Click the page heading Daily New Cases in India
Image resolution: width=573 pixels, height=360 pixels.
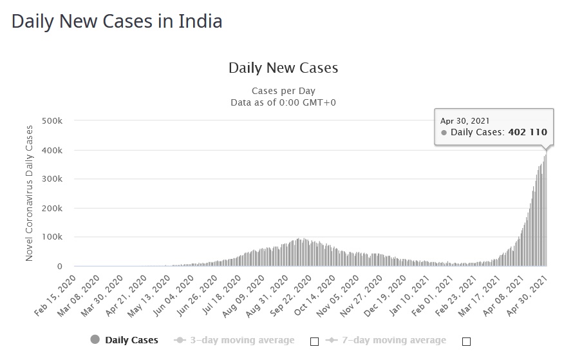pyautogui.click(x=117, y=21)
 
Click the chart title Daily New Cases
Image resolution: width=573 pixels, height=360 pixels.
pyautogui.click(x=283, y=68)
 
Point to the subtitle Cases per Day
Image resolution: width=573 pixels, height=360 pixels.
pyautogui.click(x=283, y=91)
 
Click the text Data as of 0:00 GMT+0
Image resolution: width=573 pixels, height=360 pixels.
pyautogui.click(x=283, y=102)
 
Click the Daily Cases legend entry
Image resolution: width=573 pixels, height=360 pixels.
pyautogui.click(x=131, y=340)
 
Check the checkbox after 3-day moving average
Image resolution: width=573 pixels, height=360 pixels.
pyautogui.click(x=315, y=341)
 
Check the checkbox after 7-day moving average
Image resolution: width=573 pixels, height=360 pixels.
pyautogui.click(x=467, y=341)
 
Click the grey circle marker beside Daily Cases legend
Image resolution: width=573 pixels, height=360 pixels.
pyautogui.click(x=95, y=340)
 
